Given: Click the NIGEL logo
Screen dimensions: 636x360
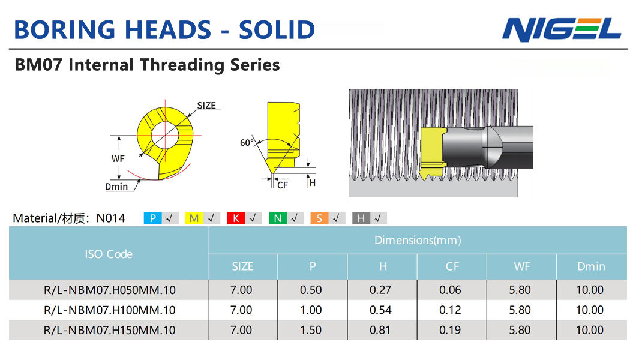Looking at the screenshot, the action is (x=562, y=29).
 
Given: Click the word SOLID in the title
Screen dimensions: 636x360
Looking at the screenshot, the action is (x=277, y=30).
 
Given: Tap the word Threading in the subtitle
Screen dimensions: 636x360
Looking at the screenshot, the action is (x=182, y=65).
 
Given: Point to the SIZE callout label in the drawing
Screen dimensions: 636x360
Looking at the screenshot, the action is (x=206, y=106).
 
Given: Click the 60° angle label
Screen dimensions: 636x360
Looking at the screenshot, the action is (x=247, y=142).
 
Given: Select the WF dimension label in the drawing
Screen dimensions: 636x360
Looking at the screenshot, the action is (x=118, y=158).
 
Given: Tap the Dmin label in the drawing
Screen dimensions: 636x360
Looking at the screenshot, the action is (x=116, y=187).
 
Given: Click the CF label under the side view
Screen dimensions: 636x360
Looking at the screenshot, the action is (x=283, y=185).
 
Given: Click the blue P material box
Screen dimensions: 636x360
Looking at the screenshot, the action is (x=152, y=218).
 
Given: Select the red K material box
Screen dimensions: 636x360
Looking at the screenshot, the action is (x=236, y=218).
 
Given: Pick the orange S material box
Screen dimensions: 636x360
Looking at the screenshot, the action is (x=319, y=218).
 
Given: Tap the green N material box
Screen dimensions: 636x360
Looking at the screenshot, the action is (x=277, y=218).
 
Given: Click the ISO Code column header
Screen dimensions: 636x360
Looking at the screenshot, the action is (x=109, y=254).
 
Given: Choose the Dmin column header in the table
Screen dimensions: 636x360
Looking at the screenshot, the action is (x=591, y=266).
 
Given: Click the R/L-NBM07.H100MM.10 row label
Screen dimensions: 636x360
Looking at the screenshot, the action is (x=110, y=310).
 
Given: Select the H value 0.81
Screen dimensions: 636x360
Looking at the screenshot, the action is (x=380, y=330).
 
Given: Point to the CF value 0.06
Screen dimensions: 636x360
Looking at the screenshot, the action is (x=450, y=290).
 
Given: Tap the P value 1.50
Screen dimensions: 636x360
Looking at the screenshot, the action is (x=311, y=330).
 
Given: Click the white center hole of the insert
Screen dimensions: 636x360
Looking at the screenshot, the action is (x=164, y=135).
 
